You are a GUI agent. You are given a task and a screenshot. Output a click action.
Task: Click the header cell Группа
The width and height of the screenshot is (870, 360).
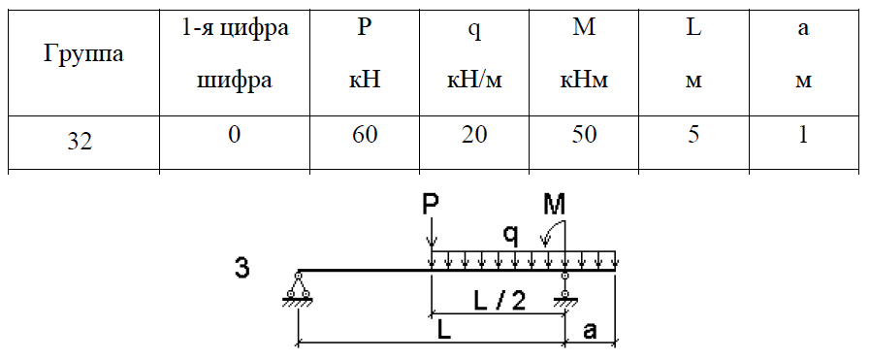83,54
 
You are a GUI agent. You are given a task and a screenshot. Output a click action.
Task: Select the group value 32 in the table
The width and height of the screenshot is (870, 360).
80,143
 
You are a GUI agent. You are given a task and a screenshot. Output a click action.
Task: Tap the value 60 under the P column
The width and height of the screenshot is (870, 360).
365,136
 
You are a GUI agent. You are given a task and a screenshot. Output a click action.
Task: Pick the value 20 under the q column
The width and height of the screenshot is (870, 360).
474,136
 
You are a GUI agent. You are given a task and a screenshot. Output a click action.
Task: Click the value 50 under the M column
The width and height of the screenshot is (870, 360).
583,136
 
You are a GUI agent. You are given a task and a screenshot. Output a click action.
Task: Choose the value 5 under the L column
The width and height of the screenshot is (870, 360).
693,136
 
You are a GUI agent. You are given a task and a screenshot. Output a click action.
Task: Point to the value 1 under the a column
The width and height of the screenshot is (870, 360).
802,136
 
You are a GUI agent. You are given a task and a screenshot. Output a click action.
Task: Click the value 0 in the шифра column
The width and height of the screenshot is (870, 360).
235,136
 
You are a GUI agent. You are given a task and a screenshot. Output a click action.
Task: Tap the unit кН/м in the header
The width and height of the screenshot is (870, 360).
474,81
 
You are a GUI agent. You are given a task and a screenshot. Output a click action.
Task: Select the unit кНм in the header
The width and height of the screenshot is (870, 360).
583,81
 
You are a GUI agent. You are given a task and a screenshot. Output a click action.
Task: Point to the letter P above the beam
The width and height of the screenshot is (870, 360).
431,208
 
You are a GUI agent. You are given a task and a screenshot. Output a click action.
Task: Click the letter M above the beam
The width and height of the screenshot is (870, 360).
554,207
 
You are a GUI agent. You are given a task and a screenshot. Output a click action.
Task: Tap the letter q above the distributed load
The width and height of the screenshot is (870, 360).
511,237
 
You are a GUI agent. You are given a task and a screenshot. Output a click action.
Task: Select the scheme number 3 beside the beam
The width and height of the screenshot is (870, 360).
242,268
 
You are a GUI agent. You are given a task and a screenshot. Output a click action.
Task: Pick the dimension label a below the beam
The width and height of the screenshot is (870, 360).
590,331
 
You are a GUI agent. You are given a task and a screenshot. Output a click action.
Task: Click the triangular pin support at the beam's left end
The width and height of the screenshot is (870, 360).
298,288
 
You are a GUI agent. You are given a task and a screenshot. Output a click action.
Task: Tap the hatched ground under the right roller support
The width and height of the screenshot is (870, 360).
564,301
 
